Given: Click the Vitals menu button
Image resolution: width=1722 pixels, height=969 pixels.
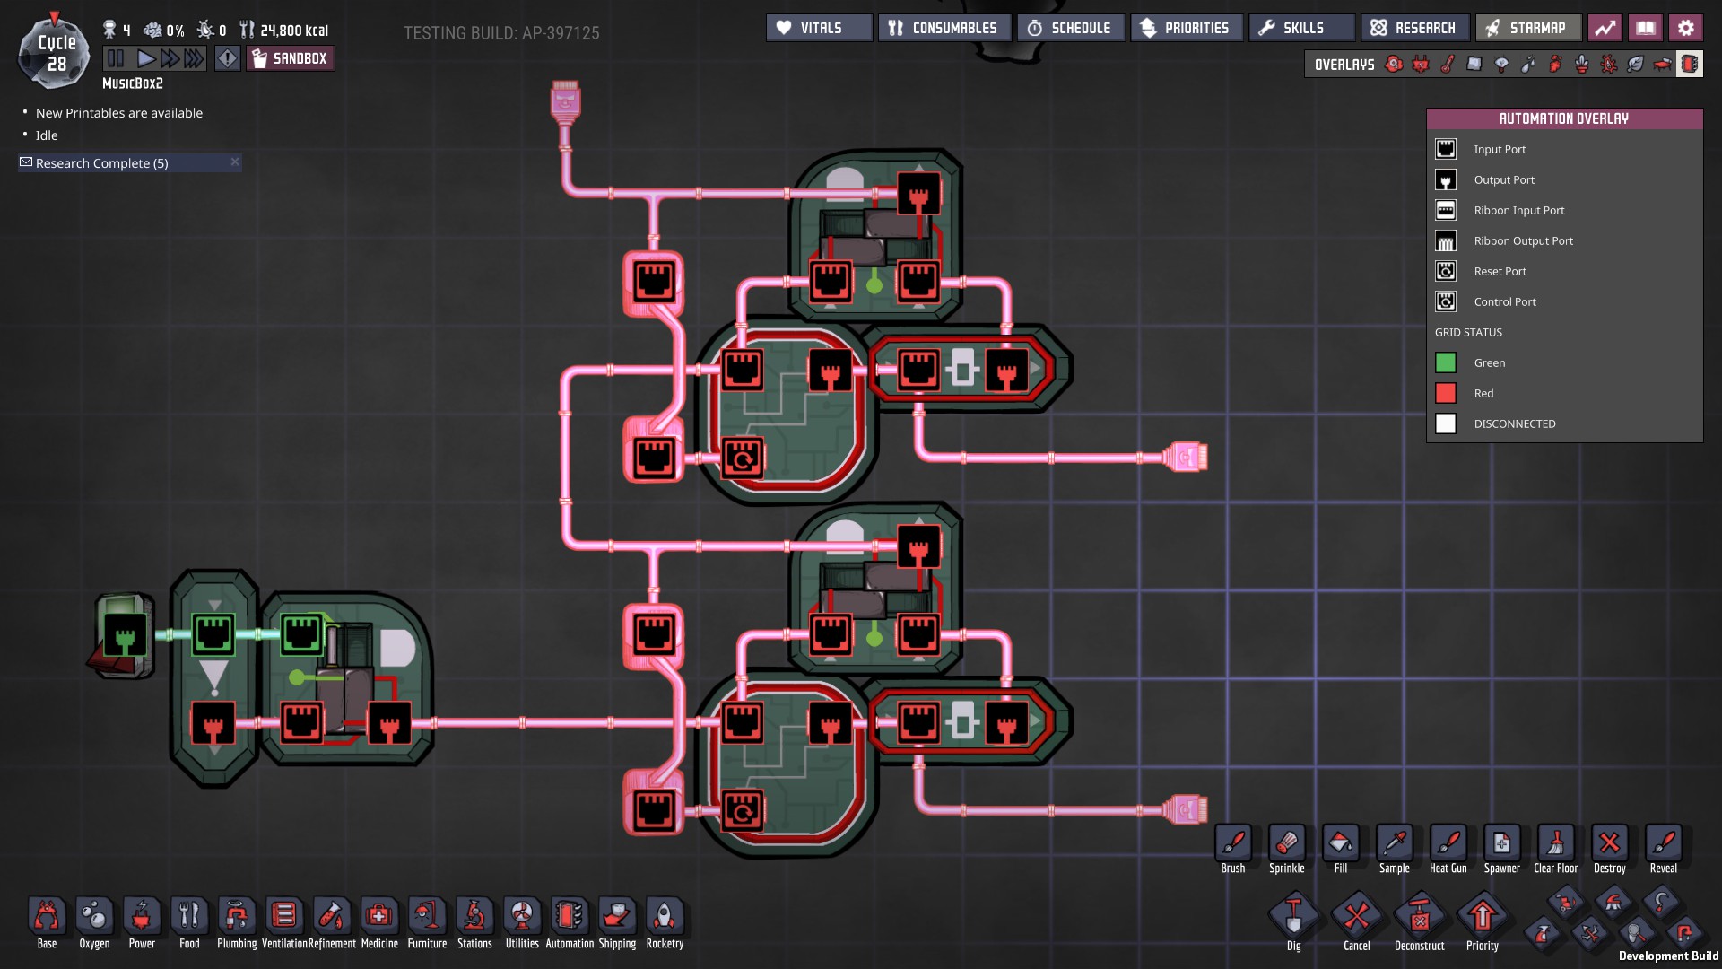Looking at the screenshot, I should click(x=818, y=28).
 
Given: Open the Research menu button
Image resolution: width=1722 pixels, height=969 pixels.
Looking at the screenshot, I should click(x=1414, y=28).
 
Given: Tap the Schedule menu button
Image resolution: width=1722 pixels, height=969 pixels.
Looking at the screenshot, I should click(x=1070, y=28).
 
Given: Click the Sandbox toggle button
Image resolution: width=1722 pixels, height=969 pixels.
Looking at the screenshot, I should click(x=290, y=59).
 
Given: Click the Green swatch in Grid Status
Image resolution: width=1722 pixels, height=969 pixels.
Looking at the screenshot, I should click(x=1446, y=362).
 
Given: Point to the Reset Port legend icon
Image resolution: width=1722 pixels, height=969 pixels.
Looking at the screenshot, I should click(x=1446, y=271).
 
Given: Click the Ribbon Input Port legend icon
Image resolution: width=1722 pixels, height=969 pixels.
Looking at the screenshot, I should click(x=1446, y=210).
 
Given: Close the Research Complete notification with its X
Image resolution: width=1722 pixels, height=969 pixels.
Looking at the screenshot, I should click(x=235, y=161).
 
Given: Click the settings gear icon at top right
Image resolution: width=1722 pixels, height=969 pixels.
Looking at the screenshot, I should click(x=1685, y=28).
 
